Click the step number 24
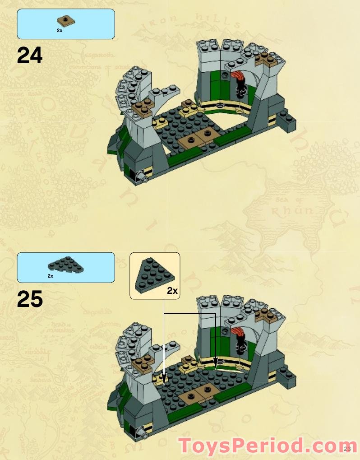click(30, 56)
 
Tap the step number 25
click(30, 299)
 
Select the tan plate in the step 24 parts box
click(66, 21)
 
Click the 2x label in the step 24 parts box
click(59, 31)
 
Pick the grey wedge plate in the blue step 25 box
click(66, 266)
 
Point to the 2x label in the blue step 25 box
click(50, 275)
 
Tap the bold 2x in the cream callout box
click(172, 291)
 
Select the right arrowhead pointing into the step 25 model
click(216, 362)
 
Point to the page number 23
click(347, 448)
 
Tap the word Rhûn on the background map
click(292, 210)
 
